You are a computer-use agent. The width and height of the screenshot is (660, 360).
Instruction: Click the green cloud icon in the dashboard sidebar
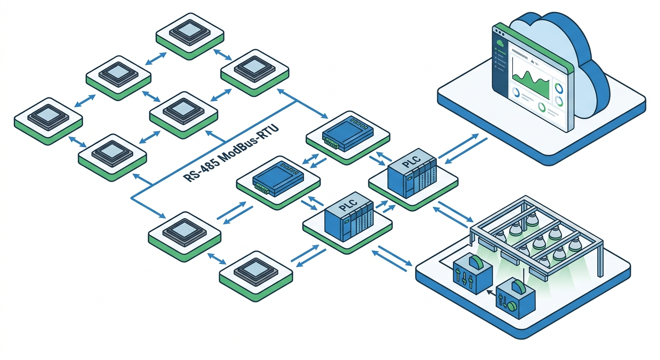[501, 43]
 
